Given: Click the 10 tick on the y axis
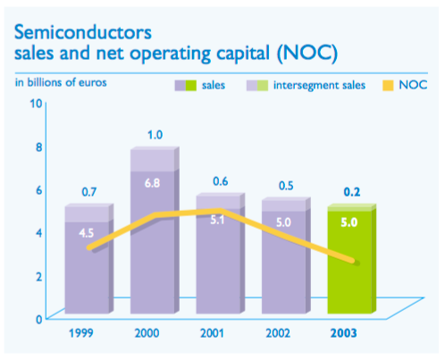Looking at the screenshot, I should point(37,103).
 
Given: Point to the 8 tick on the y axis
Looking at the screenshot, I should point(38,147).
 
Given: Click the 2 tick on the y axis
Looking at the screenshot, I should point(38,275).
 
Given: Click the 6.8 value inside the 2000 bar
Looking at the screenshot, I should point(153,183).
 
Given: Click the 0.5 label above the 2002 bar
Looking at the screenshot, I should point(284,186).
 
